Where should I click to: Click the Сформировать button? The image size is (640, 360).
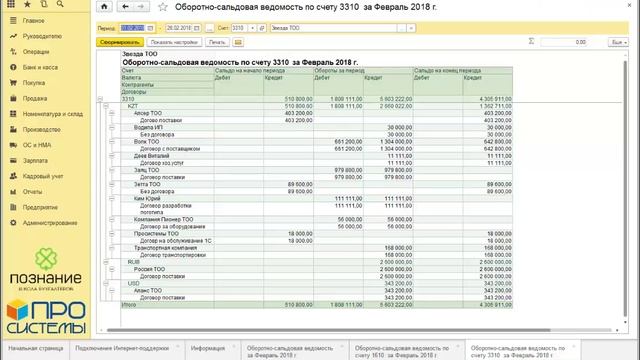pos(119,43)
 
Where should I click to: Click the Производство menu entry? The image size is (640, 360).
pos(43,128)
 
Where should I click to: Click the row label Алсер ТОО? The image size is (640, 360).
pos(147,114)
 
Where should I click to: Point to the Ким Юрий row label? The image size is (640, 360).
pos(146,199)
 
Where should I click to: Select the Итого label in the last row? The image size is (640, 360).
pos(128,303)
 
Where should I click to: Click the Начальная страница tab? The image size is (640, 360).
pos(30,347)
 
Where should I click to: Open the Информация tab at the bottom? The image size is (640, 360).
pos(207,347)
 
